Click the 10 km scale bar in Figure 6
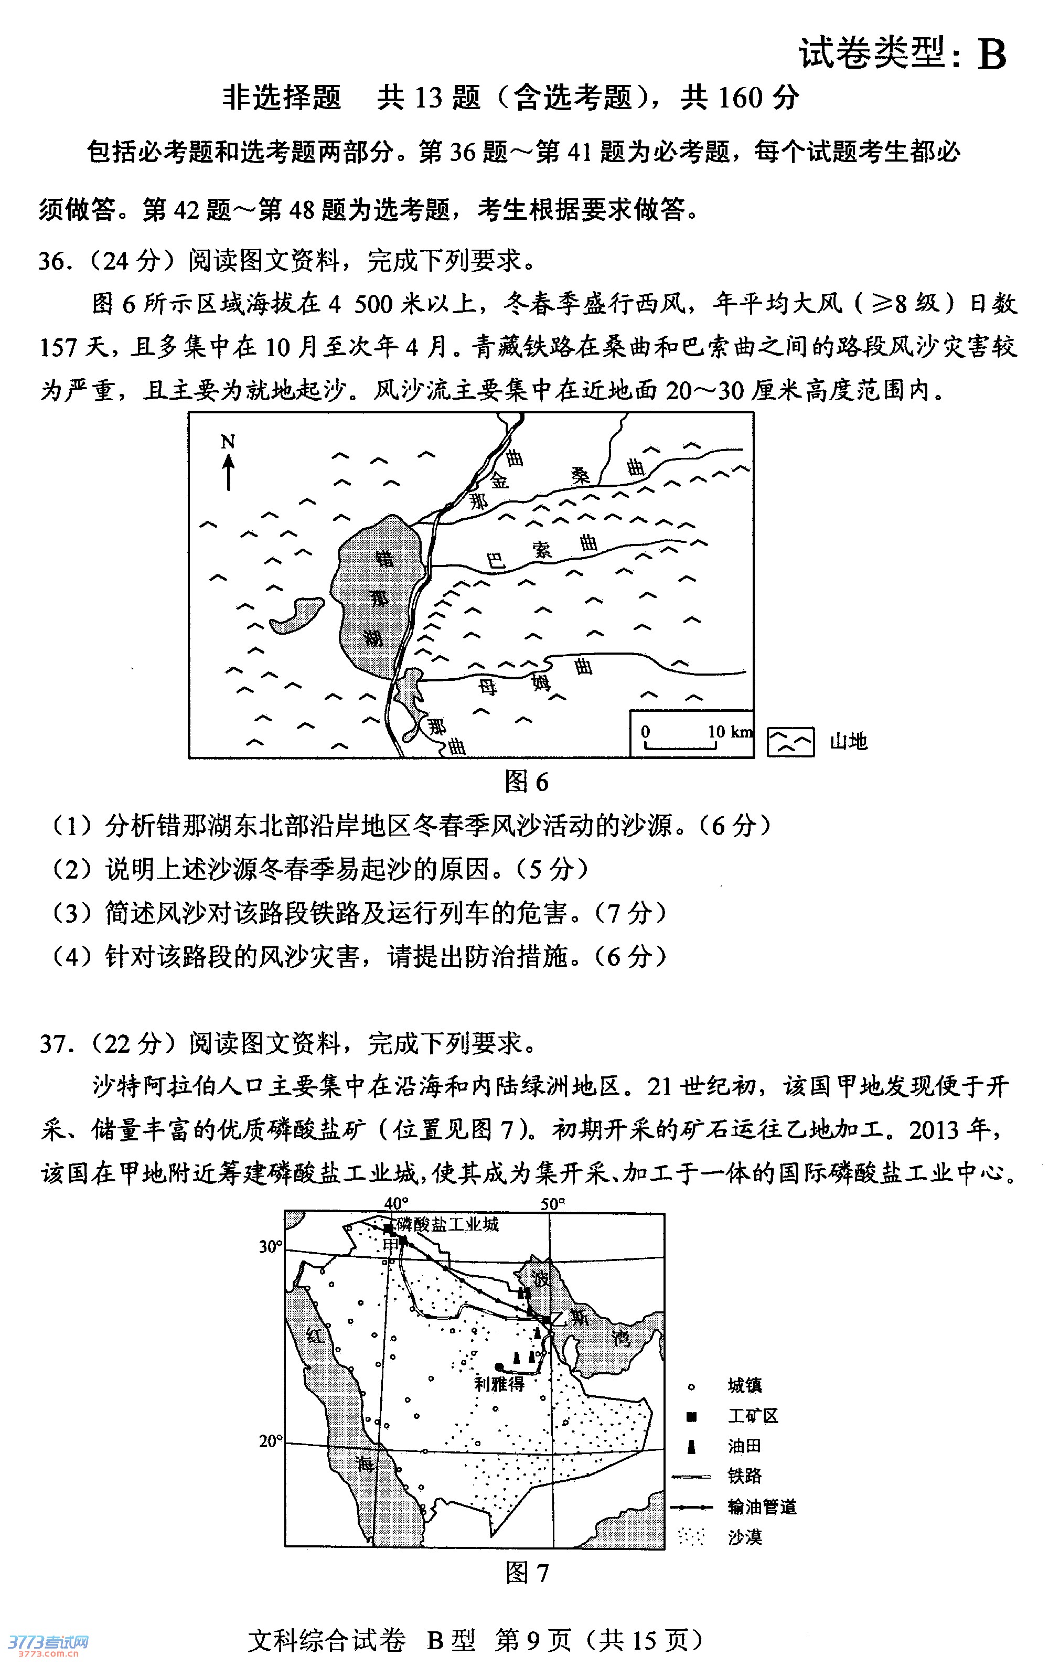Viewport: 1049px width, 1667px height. coord(681,744)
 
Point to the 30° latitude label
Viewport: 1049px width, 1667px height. coord(271,1247)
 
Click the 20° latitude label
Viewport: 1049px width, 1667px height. coord(271,1441)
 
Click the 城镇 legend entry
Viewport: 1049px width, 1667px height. coord(744,1385)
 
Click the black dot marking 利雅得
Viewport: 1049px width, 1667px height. coord(499,1367)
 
